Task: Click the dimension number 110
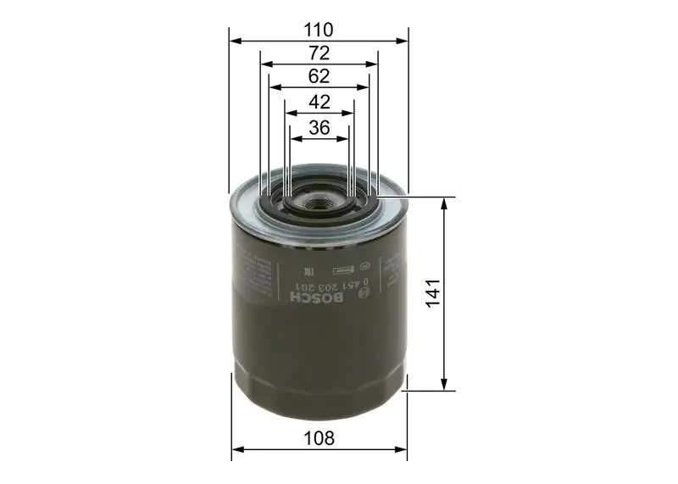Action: pos(319,30)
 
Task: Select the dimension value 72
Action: pos(319,53)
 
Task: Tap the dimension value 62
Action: pos(319,76)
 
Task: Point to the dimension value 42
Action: pos(319,102)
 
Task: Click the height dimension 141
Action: pos(433,293)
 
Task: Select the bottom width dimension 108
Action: pos(319,438)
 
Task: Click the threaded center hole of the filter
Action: pos(320,203)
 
